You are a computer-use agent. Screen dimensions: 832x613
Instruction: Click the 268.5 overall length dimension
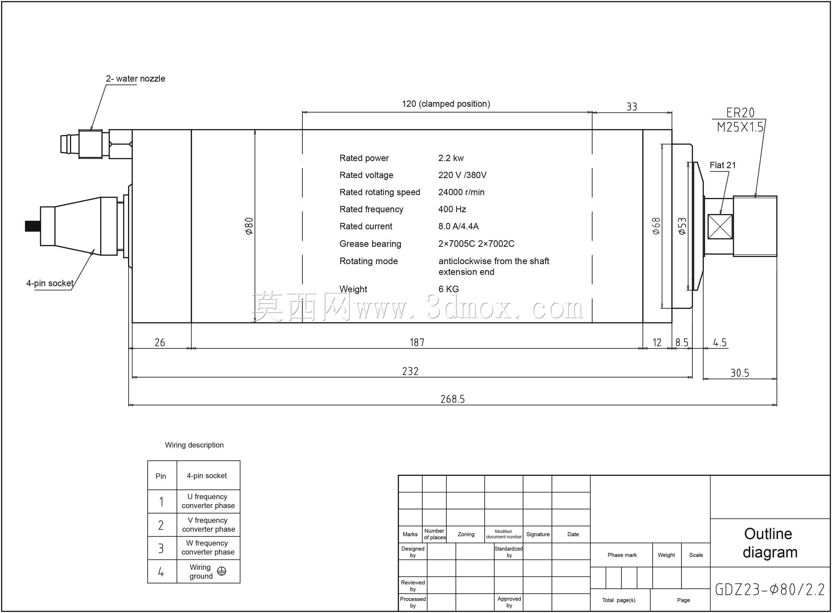point(452,399)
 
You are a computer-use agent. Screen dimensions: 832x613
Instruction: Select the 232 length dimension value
point(410,371)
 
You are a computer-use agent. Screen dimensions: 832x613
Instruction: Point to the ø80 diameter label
point(249,226)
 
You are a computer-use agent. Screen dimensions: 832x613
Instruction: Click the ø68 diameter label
point(656,226)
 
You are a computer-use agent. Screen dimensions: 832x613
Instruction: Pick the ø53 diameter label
point(682,226)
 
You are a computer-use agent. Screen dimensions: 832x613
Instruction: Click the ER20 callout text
point(740,113)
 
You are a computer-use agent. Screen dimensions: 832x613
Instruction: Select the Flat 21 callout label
point(723,165)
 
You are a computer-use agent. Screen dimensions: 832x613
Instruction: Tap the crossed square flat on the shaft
point(720,226)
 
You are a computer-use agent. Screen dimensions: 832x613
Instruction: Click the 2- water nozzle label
point(135,79)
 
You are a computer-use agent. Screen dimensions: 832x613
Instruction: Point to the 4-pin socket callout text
point(50,283)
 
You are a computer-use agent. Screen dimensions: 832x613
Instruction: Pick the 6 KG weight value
point(449,289)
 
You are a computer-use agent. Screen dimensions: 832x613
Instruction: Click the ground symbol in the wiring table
point(221,571)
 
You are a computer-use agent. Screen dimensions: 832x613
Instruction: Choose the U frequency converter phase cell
point(208,501)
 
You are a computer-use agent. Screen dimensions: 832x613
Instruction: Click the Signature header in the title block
point(538,534)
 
